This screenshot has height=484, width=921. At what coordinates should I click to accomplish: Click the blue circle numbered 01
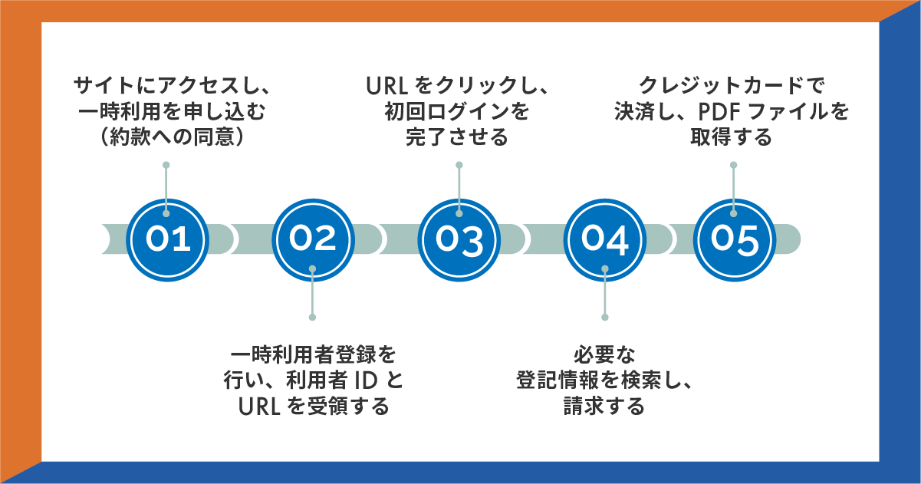tap(166, 239)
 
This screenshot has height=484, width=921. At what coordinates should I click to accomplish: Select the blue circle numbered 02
tap(312, 239)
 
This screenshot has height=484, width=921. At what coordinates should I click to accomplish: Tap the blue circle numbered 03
tap(459, 239)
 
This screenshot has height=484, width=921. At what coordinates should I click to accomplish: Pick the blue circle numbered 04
tap(604, 239)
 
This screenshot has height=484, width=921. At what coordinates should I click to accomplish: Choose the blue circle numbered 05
tap(733, 239)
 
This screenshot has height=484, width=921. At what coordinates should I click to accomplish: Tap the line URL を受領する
tap(312, 406)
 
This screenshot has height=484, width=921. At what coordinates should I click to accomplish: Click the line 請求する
tap(604, 406)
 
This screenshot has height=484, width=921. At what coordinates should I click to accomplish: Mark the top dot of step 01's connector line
tap(166, 165)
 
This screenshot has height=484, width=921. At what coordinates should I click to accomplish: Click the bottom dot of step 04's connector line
tap(604, 317)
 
